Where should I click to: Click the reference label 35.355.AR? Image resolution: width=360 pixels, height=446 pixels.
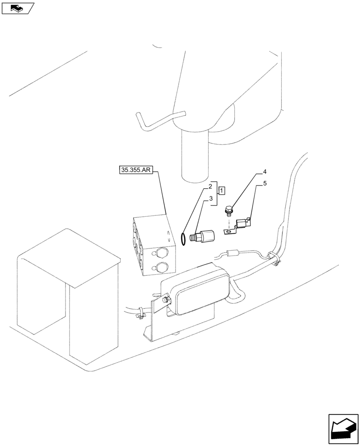[x=137, y=170]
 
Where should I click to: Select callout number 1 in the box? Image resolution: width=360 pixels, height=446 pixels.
[x=222, y=190]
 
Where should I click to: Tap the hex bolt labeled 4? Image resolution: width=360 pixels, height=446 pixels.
[x=229, y=209]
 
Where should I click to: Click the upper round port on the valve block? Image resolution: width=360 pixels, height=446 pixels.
[x=160, y=253]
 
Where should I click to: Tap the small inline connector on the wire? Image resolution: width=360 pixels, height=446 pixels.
[x=231, y=254]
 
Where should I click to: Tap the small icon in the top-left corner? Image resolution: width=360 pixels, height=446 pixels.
[x=17, y=8]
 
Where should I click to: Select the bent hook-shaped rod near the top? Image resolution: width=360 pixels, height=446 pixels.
[x=156, y=120]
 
